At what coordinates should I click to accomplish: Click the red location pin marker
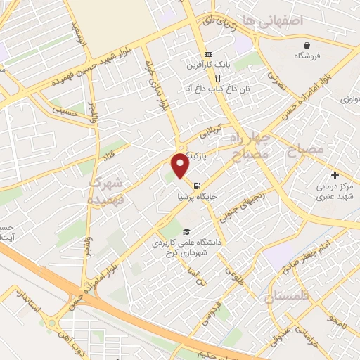[x=180, y=165]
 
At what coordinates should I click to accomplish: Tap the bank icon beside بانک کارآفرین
[x=208, y=54]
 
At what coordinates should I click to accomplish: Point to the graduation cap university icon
[x=186, y=231]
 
